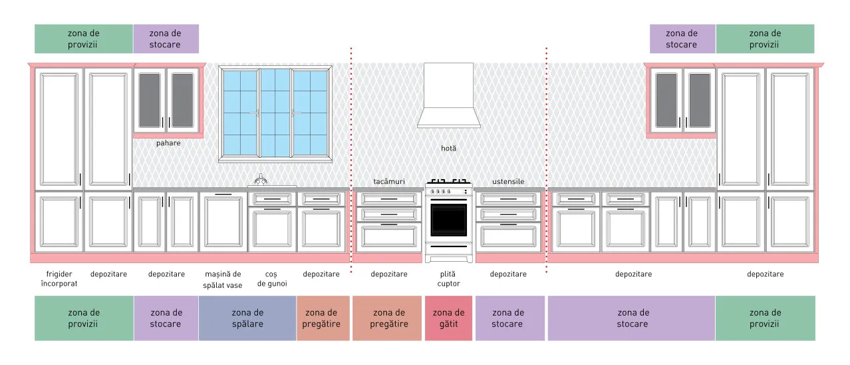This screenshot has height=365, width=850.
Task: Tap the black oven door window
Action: (x=448, y=220)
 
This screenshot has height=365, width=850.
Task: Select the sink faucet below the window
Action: (x=260, y=179)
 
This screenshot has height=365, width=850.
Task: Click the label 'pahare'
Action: (x=168, y=143)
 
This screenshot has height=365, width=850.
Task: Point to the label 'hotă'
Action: (x=448, y=148)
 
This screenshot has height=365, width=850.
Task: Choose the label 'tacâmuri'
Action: (x=389, y=182)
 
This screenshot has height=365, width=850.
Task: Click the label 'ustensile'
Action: (x=508, y=182)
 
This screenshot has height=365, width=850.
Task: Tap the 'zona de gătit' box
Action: (x=448, y=318)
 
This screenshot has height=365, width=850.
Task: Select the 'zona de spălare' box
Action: (x=247, y=318)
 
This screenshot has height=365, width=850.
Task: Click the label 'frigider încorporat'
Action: (x=59, y=279)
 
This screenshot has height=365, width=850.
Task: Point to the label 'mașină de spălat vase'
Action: (x=223, y=279)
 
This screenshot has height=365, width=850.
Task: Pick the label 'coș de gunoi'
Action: (x=272, y=279)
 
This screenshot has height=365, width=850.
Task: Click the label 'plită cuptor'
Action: (x=448, y=279)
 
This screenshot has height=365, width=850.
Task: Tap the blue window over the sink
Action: (x=275, y=113)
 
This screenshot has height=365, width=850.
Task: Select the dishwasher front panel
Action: (x=223, y=222)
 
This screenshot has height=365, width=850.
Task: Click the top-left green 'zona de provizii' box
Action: (x=84, y=39)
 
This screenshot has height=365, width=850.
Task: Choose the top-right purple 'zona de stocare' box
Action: (x=682, y=39)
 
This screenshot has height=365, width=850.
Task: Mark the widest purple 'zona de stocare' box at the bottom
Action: (x=631, y=318)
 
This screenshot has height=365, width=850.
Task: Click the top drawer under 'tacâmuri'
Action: (x=389, y=199)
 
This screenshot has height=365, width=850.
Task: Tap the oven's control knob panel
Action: (x=448, y=191)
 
